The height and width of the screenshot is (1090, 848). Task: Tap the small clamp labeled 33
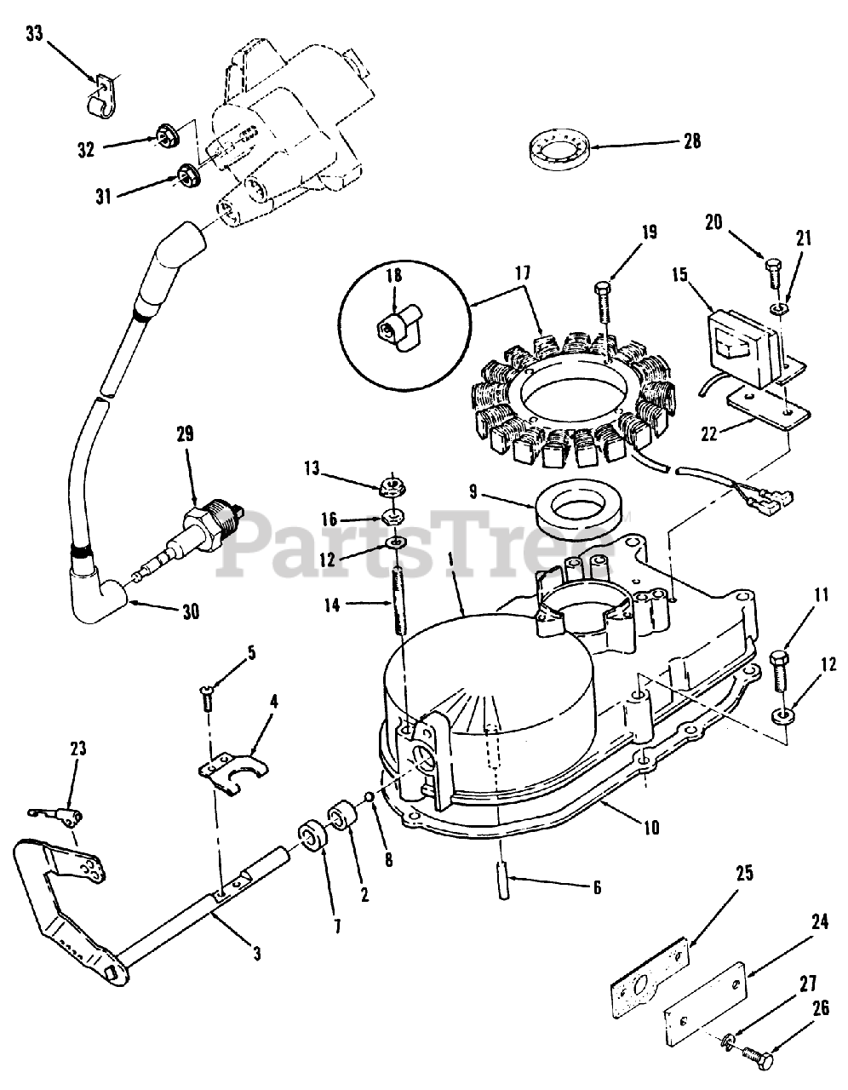pos(100,100)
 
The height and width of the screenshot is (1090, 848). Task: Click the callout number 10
pos(651,825)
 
